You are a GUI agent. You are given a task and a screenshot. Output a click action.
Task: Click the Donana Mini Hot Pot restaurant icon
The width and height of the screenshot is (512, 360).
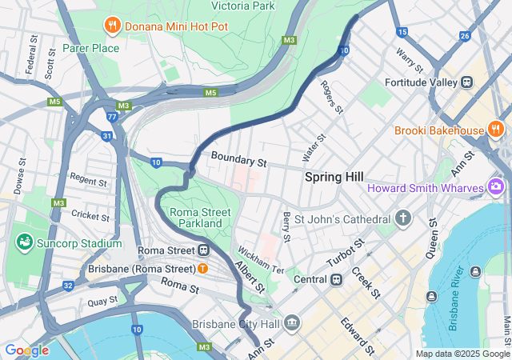click(x=112, y=26)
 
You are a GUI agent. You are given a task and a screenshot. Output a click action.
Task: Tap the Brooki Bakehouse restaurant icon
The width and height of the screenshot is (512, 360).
click(x=496, y=130)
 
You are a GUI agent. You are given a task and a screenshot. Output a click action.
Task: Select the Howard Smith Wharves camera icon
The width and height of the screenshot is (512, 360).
click(x=496, y=187)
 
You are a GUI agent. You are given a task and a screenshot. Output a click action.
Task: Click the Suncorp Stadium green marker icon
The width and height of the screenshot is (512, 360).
click(x=23, y=243)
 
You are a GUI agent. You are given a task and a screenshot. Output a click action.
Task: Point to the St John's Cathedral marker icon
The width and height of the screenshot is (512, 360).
click(x=403, y=218)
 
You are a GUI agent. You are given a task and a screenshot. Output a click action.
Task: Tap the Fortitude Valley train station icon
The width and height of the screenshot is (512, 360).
click(x=466, y=82)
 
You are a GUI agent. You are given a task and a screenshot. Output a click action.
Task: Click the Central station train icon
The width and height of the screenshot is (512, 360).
click(x=337, y=279)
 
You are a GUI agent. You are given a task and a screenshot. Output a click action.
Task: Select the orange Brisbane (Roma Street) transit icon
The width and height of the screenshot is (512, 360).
click(x=203, y=268)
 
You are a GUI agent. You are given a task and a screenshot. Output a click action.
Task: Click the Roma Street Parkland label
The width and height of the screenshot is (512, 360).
click(x=200, y=218)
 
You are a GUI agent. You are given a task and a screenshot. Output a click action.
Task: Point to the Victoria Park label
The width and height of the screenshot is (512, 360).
click(x=241, y=6)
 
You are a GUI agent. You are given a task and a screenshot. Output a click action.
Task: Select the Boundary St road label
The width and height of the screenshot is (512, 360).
click(x=238, y=160)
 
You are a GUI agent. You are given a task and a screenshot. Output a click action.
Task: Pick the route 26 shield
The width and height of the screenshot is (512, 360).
click(x=465, y=36)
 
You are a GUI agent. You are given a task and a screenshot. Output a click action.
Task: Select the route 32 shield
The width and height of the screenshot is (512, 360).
click(x=68, y=286)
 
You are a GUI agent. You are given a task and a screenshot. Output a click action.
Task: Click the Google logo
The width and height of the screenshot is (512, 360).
click(x=26, y=350)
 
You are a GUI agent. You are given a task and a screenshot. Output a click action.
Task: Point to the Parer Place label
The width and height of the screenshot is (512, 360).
click(x=91, y=48)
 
